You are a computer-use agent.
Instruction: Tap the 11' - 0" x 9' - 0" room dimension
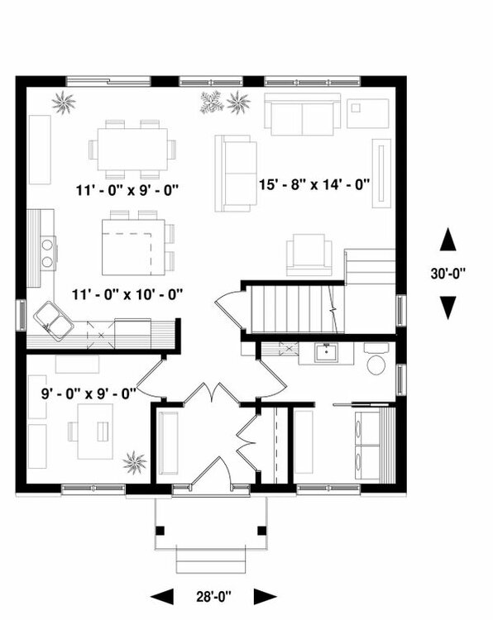[126, 189]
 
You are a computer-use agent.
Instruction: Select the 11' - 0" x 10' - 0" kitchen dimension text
[127, 293]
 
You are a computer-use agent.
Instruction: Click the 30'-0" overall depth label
[448, 274]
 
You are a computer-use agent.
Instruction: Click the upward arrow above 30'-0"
[448, 241]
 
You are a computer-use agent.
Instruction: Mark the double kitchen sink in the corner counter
[53, 319]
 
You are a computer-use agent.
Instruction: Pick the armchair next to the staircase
[309, 254]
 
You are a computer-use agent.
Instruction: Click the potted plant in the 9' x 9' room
[135, 461]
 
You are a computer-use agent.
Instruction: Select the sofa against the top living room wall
[302, 114]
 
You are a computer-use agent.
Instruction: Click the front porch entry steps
[210, 560]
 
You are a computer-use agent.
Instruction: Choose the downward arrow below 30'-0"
[448, 308]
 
